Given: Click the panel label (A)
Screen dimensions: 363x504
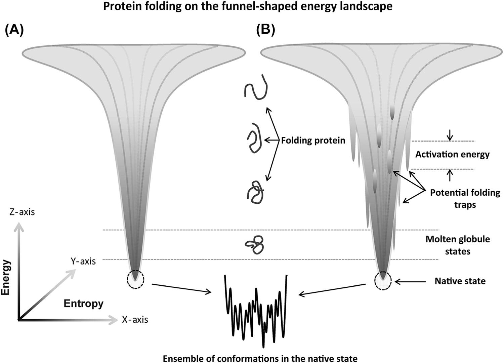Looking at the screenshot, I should pos(14,31).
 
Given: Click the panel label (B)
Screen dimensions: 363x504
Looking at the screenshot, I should pos(265,31).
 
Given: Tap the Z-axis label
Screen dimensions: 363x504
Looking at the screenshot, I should pos(22,212).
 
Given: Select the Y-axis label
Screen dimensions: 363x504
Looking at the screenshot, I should pos(83,261).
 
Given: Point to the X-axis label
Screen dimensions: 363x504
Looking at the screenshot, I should pos(135,319).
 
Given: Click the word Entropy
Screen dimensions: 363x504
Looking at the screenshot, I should pos(84,304).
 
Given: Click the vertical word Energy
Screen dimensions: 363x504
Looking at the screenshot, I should pos(6,278).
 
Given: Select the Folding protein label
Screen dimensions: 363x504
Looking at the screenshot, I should pos(313,140).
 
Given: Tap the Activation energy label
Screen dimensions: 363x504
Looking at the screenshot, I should pos(452,154).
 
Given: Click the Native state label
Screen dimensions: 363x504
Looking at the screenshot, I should pos(460,281).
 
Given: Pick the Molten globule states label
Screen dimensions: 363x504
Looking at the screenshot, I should pos(458,245).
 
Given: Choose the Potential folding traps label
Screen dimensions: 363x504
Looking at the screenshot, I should pos(465,198).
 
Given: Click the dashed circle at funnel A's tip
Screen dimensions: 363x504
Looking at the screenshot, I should pos(135,279).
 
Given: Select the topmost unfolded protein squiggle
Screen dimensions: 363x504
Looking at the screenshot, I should pos(256,88).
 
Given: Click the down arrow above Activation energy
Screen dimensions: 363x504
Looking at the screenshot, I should pos(450,135).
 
